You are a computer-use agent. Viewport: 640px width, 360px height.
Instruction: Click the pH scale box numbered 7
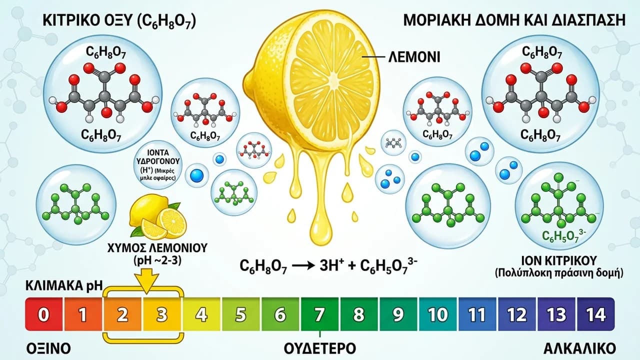coord(319,314)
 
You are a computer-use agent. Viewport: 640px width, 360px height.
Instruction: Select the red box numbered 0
coord(43,314)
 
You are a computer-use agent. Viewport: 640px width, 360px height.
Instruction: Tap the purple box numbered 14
coord(595,314)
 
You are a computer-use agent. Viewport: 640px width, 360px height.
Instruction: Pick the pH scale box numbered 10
coord(437,314)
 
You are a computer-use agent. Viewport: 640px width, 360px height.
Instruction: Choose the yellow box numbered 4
coord(201,314)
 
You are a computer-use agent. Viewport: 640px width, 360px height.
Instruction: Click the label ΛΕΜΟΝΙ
coord(414,57)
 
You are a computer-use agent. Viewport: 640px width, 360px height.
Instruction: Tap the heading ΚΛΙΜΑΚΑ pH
coord(64,285)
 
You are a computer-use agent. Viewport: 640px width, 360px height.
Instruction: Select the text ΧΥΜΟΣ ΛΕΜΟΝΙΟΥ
coord(157,248)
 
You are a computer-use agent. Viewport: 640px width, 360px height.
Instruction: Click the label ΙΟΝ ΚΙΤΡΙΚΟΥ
coord(559,260)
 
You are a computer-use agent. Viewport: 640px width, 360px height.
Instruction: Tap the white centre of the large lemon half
coord(333,78)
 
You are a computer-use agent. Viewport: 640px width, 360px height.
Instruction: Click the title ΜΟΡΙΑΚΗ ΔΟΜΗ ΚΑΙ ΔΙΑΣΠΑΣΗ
coord(514,20)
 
